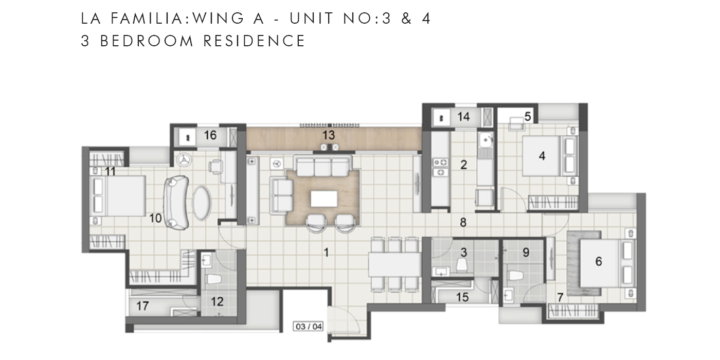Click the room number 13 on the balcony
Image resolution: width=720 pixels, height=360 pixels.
point(329,135)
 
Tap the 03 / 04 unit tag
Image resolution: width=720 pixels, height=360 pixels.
point(309,327)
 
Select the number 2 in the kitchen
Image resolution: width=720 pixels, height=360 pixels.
point(463,165)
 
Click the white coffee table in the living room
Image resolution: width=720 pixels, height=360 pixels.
point(324,199)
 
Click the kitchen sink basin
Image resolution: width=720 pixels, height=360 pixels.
point(484,140)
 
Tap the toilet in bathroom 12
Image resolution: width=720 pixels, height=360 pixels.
point(213,279)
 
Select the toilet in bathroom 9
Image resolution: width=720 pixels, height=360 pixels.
point(515,276)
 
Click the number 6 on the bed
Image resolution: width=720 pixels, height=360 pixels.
point(599,261)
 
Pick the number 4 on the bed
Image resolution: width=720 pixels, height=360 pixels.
point(542,156)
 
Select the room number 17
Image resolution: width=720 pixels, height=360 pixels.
point(142,305)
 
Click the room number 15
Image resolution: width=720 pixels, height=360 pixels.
point(462,297)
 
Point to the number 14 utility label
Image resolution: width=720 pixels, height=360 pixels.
point(463,117)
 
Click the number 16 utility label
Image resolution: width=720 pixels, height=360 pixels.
point(210,135)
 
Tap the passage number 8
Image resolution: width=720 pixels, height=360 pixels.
point(463,222)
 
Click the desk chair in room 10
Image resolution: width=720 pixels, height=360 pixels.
point(215,167)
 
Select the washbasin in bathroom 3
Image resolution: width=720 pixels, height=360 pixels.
point(441,272)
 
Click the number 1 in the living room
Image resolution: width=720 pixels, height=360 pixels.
point(326,253)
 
